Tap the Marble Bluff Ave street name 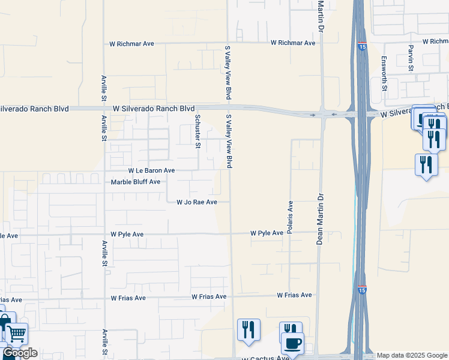click(x=136, y=182)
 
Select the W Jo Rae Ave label click(x=196, y=203)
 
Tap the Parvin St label click(x=411, y=58)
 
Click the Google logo click(x=20, y=353)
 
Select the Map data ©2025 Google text click(x=412, y=356)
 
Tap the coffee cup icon click(x=293, y=343)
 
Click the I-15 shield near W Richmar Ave click(x=362, y=46)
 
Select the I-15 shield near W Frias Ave click(x=363, y=290)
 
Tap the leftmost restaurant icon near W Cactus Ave click(x=249, y=329)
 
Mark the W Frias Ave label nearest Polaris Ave click(x=294, y=295)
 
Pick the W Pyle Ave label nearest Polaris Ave click(x=267, y=233)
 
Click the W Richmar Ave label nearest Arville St click(x=131, y=44)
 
